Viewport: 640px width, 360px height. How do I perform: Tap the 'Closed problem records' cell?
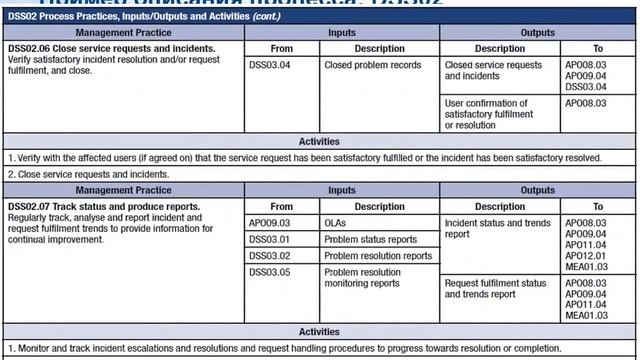pyautogui.click(x=371, y=65)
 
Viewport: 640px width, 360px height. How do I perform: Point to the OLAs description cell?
pyautogui.click(x=336, y=223)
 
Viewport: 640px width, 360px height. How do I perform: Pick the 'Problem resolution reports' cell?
pyautogui.click(x=378, y=256)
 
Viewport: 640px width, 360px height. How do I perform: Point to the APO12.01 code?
pyautogui.click(x=586, y=256)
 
